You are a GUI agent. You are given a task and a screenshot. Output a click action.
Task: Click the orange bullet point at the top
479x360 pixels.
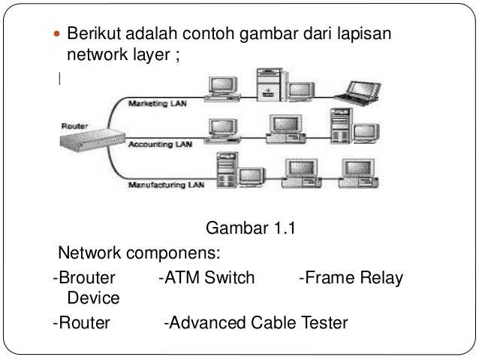[57, 34]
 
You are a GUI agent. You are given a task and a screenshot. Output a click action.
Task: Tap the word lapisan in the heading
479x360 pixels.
[364, 35]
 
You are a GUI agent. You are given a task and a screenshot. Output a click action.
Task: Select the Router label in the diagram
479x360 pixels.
[74, 126]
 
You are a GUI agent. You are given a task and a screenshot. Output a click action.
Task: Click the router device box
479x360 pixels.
[92, 140]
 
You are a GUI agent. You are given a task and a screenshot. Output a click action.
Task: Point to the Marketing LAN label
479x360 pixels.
[158, 104]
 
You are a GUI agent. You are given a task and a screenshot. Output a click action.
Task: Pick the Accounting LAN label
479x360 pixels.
[160, 144]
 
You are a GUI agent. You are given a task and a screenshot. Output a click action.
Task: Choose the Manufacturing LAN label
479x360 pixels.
[166, 185]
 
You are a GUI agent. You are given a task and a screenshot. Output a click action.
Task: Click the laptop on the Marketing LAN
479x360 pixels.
[357, 93]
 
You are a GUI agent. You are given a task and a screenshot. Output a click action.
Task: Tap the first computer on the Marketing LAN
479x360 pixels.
[222, 89]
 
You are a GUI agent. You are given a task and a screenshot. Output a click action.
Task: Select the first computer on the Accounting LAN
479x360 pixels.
[222, 132]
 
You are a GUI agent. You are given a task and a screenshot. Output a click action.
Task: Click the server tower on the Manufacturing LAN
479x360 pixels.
[227, 170]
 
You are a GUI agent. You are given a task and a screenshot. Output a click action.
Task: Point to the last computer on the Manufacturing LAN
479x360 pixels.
[359, 174]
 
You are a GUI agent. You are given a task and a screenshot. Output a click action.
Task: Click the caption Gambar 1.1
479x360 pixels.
[251, 228]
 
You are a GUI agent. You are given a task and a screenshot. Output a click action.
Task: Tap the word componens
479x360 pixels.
[173, 253]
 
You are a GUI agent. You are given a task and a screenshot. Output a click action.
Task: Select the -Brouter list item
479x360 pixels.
[84, 277]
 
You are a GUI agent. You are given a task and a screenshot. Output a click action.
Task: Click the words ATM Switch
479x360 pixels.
[209, 277]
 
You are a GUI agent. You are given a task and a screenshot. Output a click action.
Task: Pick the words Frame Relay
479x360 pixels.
[354, 278]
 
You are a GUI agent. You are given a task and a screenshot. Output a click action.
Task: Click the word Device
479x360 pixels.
[94, 298]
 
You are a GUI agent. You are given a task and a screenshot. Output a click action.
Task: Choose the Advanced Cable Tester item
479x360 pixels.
[256, 322]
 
